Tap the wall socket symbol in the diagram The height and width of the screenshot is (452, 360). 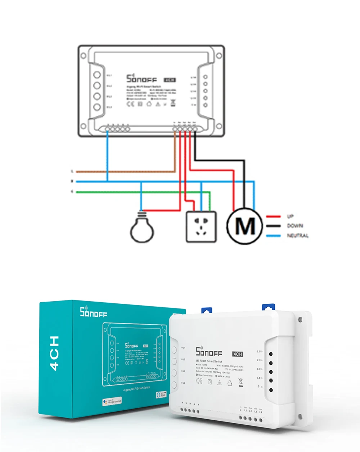pos(201,227)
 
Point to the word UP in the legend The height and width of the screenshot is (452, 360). pos(290,216)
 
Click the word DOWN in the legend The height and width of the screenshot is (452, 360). pos(295,226)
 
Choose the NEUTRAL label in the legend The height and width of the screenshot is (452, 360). pos(298,236)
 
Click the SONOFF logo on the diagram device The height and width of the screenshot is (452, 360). pos(141,78)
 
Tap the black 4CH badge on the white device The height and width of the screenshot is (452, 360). pos(238,354)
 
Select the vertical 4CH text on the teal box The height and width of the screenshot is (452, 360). pos(55,353)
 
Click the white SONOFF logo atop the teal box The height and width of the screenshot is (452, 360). pos(94,312)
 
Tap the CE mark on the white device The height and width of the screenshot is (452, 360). pos(199,381)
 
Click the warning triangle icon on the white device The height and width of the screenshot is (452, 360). pos(219,382)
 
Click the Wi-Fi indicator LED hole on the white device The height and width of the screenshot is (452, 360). pos(271,390)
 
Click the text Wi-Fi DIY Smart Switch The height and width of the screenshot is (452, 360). pos(209,361)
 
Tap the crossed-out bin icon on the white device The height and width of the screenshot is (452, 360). pos(240,382)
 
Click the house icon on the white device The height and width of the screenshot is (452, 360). pos(230,383)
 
